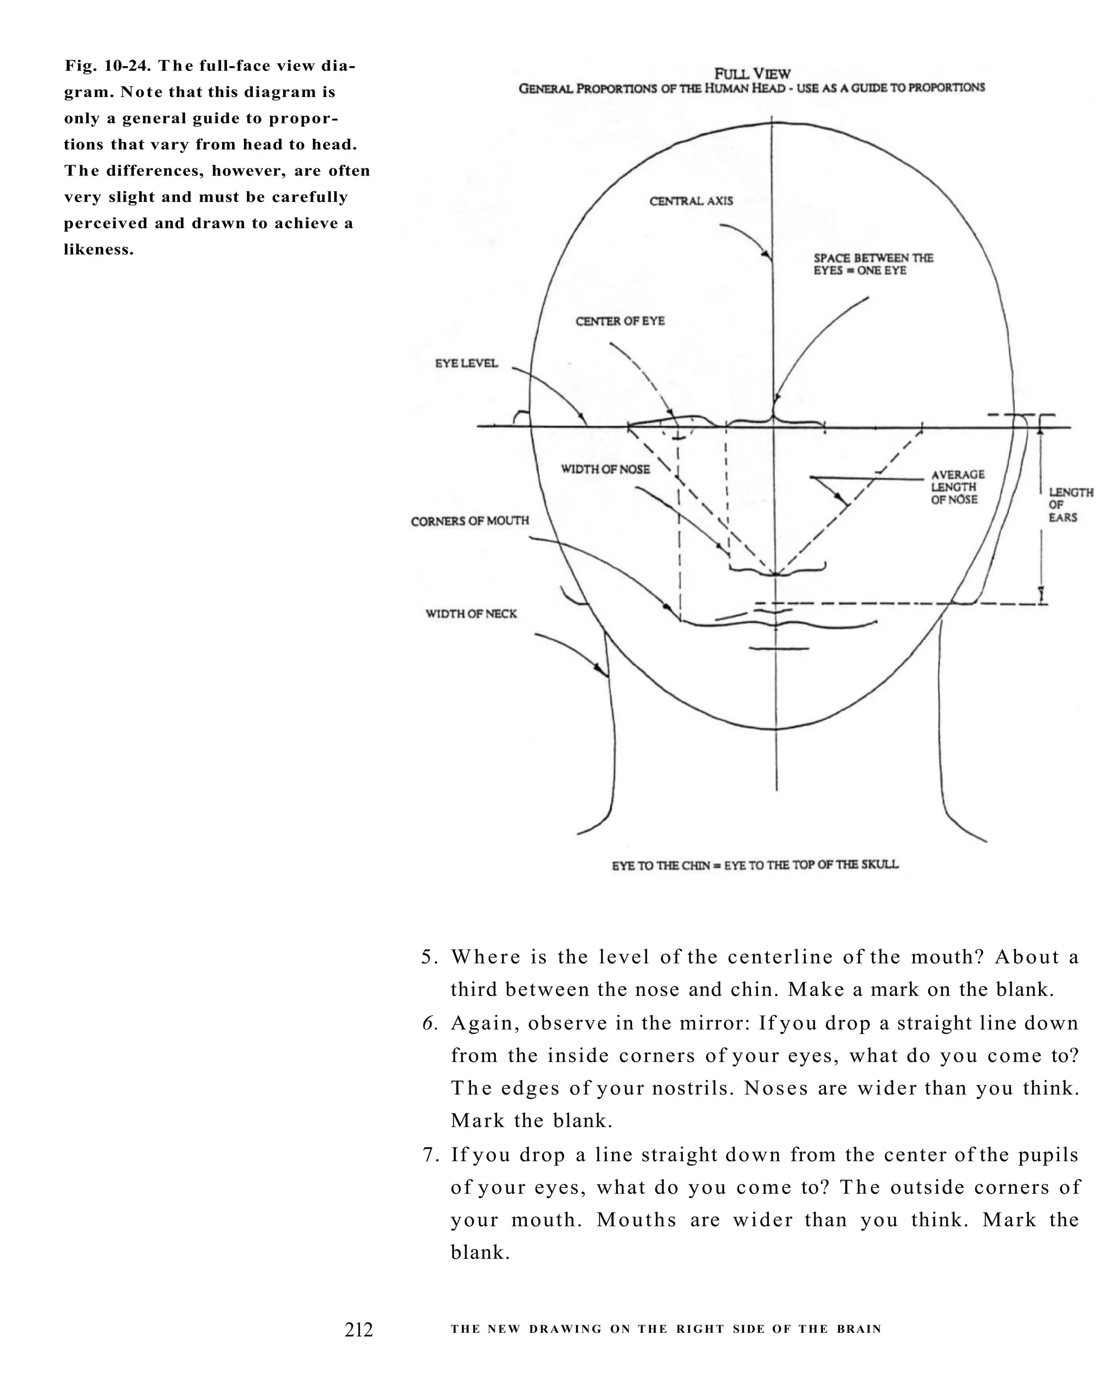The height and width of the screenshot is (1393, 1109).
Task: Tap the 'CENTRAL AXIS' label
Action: (691, 201)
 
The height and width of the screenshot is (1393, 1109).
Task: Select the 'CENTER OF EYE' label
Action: (620, 321)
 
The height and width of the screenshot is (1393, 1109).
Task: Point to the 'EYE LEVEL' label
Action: (466, 363)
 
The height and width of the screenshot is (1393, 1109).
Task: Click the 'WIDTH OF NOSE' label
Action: (605, 469)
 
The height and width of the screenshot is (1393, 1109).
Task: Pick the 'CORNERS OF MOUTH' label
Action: (469, 521)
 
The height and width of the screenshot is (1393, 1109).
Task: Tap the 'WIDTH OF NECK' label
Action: (471, 614)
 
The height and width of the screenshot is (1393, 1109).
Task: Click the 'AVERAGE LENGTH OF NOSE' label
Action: (957, 486)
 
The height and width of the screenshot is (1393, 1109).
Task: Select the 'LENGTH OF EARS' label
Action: (1070, 505)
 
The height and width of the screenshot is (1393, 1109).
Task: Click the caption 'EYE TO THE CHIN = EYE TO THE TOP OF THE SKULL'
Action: (755, 864)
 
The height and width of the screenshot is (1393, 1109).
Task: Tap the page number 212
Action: (358, 1330)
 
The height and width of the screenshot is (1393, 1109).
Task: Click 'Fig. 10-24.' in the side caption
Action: (108, 66)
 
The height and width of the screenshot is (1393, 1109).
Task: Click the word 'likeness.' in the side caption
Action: (99, 250)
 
